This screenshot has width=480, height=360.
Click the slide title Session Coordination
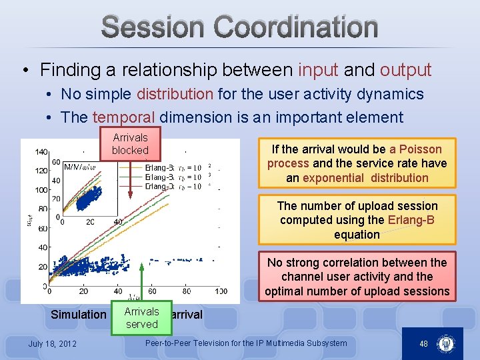[x=240, y=27]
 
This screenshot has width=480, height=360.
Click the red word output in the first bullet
[x=406, y=69]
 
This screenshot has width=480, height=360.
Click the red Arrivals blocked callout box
[x=130, y=144]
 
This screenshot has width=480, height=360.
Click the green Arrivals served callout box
[x=142, y=318]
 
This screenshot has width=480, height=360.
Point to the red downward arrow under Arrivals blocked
[x=131, y=180]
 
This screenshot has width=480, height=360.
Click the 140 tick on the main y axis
[x=41, y=152]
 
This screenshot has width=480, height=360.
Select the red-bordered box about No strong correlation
[x=357, y=277]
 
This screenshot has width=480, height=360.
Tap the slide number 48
[x=423, y=343]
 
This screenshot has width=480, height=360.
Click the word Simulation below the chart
[x=79, y=315]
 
